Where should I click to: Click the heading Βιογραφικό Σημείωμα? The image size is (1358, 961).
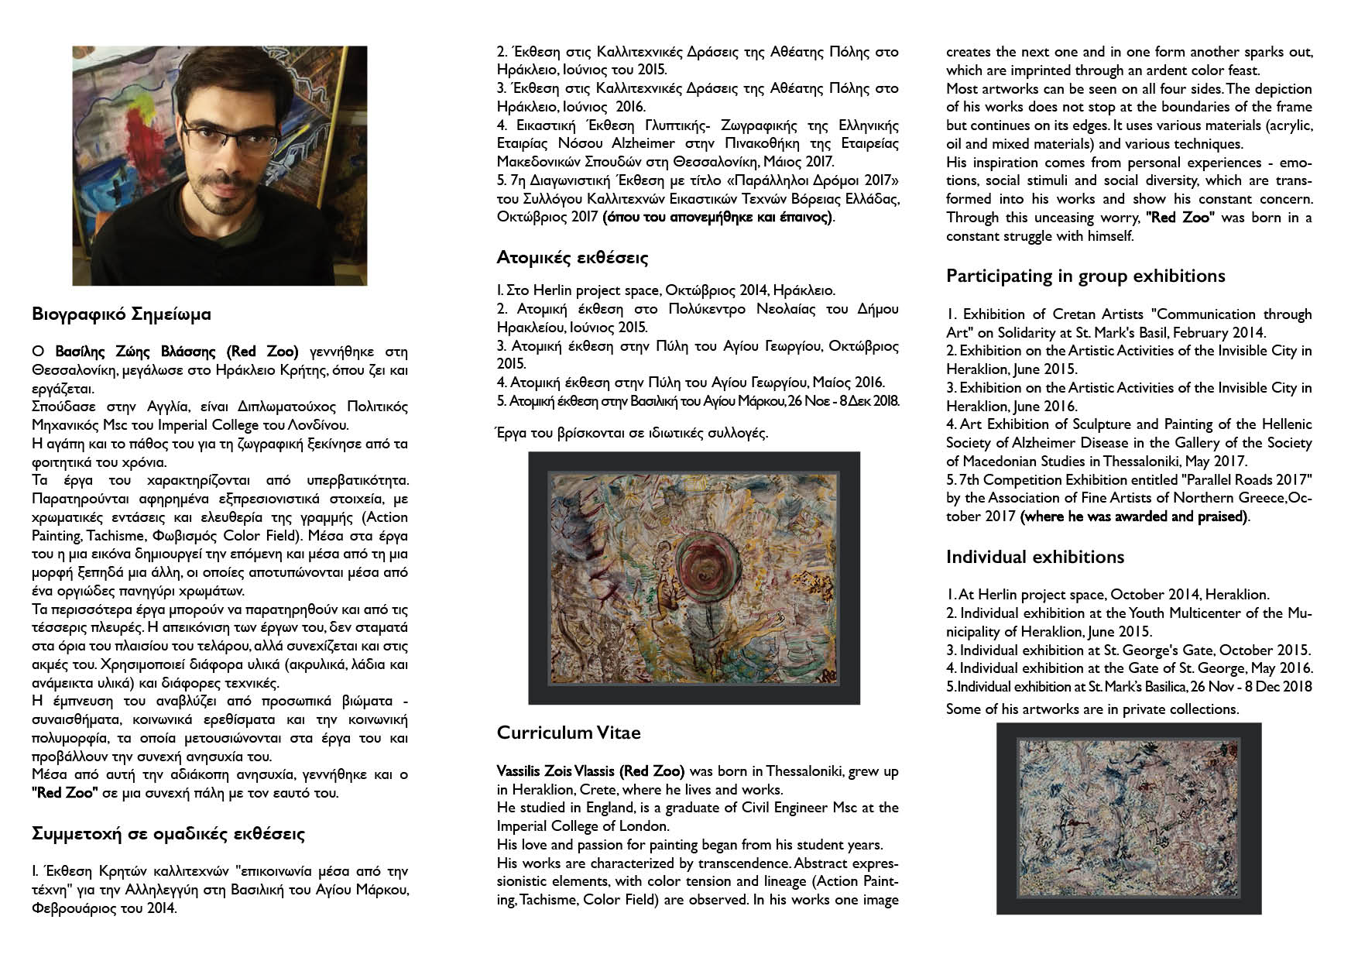(x=121, y=315)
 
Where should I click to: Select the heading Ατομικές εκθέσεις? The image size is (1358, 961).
(x=572, y=257)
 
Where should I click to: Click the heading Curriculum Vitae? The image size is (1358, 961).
(x=568, y=733)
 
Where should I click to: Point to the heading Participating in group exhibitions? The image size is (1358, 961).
(x=1085, y=276)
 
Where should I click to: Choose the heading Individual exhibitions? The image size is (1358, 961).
(x=1034, y=557)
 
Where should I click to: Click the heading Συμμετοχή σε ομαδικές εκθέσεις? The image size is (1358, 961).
(x=168, y=834)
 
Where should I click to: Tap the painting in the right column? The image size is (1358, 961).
(x=1128, y=819)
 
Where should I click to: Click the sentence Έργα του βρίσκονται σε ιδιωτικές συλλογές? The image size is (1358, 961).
(x=632, y=433)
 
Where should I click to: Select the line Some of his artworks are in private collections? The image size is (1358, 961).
(x=1092, y=709)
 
